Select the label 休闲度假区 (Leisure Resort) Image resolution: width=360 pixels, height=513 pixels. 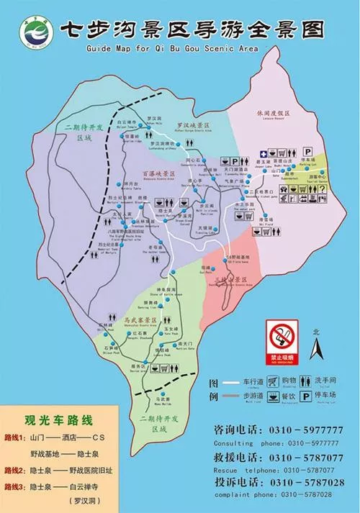[x=273, y=114]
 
